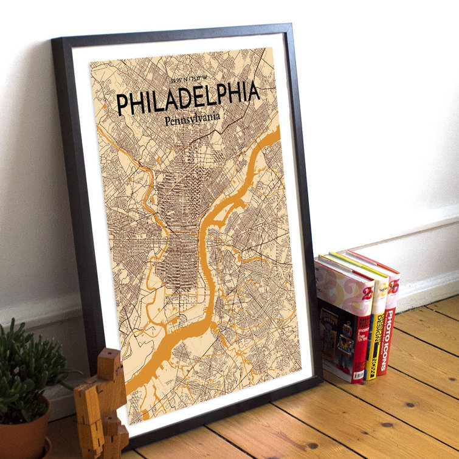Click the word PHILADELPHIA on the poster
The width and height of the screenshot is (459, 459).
[x=188, y=98]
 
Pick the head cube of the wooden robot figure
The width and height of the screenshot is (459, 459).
[x=110, y=364]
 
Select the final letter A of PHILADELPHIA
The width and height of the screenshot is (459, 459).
[x=252, y=91]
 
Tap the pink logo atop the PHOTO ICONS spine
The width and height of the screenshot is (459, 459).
[x=392, y=286]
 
